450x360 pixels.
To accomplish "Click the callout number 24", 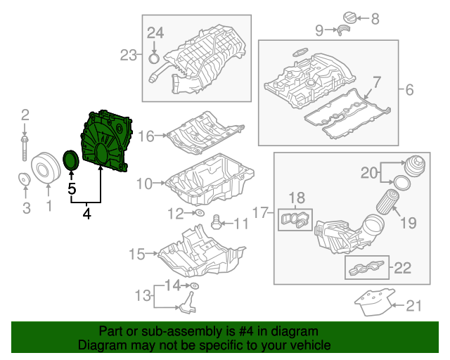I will click(x=155, y=32).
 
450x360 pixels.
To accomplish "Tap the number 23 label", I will click(x=129, y=55).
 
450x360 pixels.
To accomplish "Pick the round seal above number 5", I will click(x=71, y=160).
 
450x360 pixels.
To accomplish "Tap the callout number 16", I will click(x=146, y=135).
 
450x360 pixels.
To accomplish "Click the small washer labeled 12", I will click(x=198, y=212).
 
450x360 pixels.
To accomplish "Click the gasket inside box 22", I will click(x=368, y=268).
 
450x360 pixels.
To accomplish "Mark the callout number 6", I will click(x=410, y=89).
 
